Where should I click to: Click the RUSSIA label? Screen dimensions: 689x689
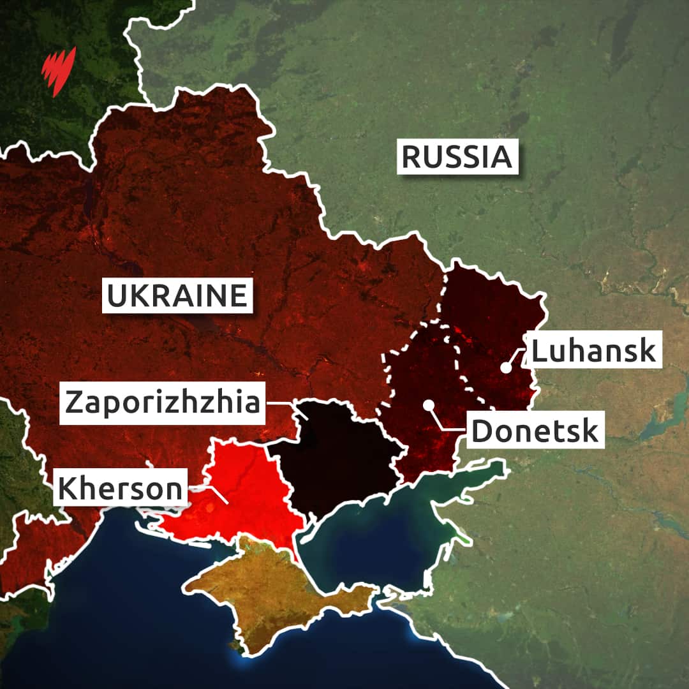(457, 157)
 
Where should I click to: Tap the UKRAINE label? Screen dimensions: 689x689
(177, 296)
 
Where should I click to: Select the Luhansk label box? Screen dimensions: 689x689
(593, 350)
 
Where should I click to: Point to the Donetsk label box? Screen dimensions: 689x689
(536, 431)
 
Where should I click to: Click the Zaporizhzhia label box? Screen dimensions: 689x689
(162, 403)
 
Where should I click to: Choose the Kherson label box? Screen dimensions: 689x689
(121, 488)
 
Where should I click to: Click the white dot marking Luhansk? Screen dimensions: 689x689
(505, 367)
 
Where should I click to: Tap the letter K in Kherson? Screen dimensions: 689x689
(67, 488)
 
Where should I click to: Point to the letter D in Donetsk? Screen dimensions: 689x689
(482, 431)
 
